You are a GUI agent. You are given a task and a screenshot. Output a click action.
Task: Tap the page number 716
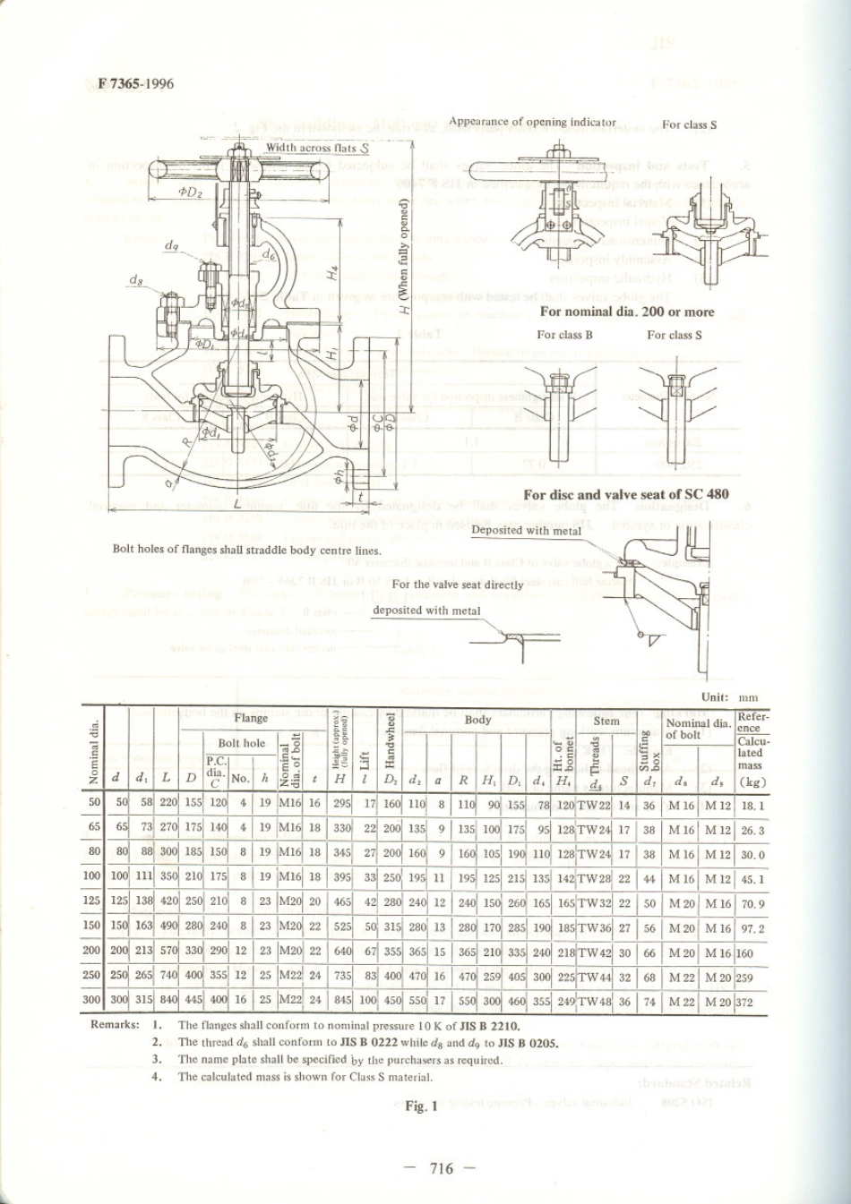pos(442,1167)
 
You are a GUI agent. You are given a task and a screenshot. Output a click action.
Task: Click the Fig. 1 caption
pos(421,1106)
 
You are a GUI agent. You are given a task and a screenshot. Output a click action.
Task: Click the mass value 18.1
pos(752,805)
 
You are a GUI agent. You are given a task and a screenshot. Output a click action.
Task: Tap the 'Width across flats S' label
pos(317,148)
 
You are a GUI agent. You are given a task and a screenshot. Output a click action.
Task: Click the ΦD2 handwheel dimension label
pos(189,192)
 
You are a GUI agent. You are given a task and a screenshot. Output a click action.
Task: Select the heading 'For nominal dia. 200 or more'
pos(626,312)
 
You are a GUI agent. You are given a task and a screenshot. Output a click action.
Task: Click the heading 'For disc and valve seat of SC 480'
pos(625,494)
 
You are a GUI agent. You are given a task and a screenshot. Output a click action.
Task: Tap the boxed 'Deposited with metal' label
pos(526,530)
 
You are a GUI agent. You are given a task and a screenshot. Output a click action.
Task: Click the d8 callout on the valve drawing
pos(135,280)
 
